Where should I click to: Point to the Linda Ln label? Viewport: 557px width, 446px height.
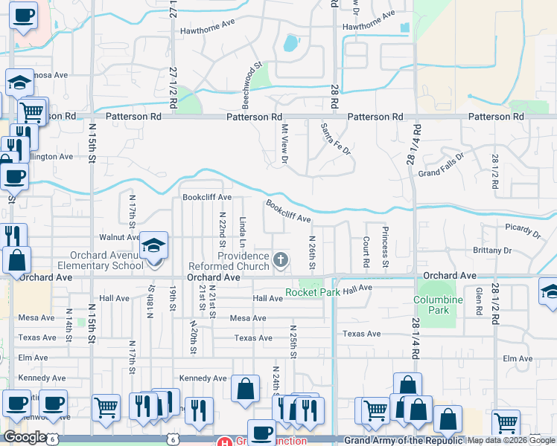point(243,231)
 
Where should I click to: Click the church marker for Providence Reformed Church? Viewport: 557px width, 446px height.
point(280,259)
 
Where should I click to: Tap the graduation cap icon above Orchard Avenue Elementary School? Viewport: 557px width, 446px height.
point(153,245)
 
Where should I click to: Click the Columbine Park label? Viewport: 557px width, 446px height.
point(433,305)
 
